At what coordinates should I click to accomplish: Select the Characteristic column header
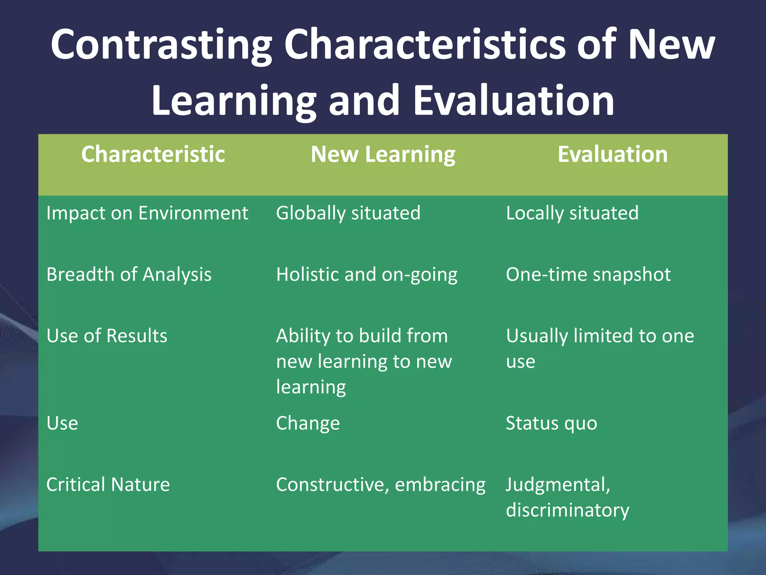[153, 154]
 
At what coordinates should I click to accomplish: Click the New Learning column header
[383, 154]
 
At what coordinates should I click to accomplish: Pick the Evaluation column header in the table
[613, 154]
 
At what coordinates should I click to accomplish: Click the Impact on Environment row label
[147, 213]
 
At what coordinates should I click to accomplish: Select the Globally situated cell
[348, 213]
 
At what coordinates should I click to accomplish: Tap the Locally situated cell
[572, 213]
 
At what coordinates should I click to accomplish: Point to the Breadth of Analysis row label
[129, 275]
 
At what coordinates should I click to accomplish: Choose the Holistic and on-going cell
[367, 275]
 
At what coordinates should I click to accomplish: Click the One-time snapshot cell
[588, 275]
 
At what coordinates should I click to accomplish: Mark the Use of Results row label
[107, 336]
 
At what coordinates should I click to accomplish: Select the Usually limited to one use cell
[600, 348]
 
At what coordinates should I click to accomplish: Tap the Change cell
[308, 424]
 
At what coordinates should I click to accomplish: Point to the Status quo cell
[551, 424]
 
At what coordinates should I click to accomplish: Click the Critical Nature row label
[108, 485]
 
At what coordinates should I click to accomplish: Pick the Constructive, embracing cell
[380, 485]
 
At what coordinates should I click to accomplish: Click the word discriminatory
[567, 510]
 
